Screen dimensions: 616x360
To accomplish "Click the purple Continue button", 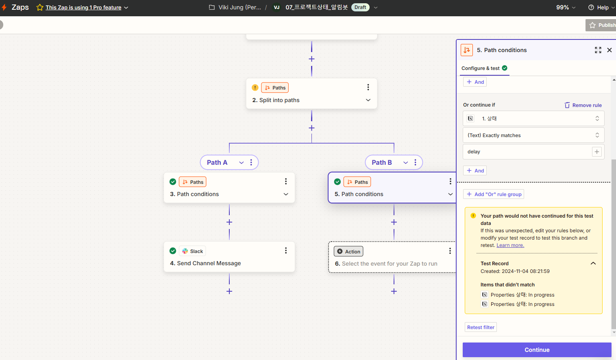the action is pos(537,349).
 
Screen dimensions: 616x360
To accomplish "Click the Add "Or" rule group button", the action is pos(494,194).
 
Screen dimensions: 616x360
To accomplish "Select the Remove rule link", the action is pos(583,105).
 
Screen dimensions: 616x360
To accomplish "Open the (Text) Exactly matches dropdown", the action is pos(533,135).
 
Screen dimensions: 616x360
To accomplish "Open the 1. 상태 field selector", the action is pos(533,118).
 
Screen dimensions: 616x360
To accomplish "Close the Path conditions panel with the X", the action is pos(609,50).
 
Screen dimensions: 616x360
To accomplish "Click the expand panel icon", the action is pos(598,50).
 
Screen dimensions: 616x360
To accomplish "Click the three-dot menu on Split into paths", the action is pos(368,87).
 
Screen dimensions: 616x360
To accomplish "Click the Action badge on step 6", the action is pos(348,251).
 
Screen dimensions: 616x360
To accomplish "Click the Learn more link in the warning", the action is pos(510,245).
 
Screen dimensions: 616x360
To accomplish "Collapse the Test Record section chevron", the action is pos(593,264).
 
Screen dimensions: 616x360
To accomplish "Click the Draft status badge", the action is pos(360,7).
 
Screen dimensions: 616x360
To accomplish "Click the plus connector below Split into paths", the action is pos(311,128).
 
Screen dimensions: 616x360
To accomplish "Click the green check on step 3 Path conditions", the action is pos(173,182).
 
